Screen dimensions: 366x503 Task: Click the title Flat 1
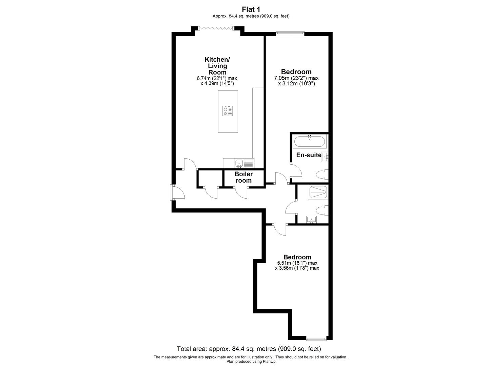pyautogui.click(x=251, y=9)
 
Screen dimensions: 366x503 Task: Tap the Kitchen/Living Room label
pyautogui.click(x=217, y=66)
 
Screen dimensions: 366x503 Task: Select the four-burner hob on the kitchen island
pyautogui.click(x=228, y=111)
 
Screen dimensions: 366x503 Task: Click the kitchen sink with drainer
pyautogui.click(x=244, y=163)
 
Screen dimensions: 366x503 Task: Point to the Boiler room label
pyautogui.click(x=244, y=177)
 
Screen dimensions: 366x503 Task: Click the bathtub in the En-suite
pyautogui.click(x=310, y=141)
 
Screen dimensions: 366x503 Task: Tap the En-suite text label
pyautogui.click(x=309, y=155)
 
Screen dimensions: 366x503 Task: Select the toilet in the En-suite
pyautogui.click(x=322, y=175)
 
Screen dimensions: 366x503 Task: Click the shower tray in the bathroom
pyautogui.click(x=318, y=192)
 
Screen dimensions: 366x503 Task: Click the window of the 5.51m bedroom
pyautogui.click(x=316, y=338)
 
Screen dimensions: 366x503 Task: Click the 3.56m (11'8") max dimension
pyautogui.click(x=297, y=268)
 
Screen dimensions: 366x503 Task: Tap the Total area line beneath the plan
pyautogui.click(x=249, y=349)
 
